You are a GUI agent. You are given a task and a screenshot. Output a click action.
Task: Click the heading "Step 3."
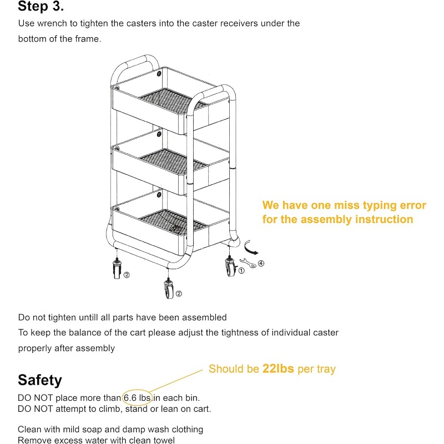41,7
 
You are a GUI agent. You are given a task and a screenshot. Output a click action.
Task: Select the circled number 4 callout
261,263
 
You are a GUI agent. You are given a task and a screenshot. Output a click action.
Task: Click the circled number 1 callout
241,271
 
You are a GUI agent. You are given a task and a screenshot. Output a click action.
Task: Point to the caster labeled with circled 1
229,268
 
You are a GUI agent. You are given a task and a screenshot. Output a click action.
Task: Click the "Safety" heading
40,380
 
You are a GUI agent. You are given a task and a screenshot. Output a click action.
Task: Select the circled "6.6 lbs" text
137,398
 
